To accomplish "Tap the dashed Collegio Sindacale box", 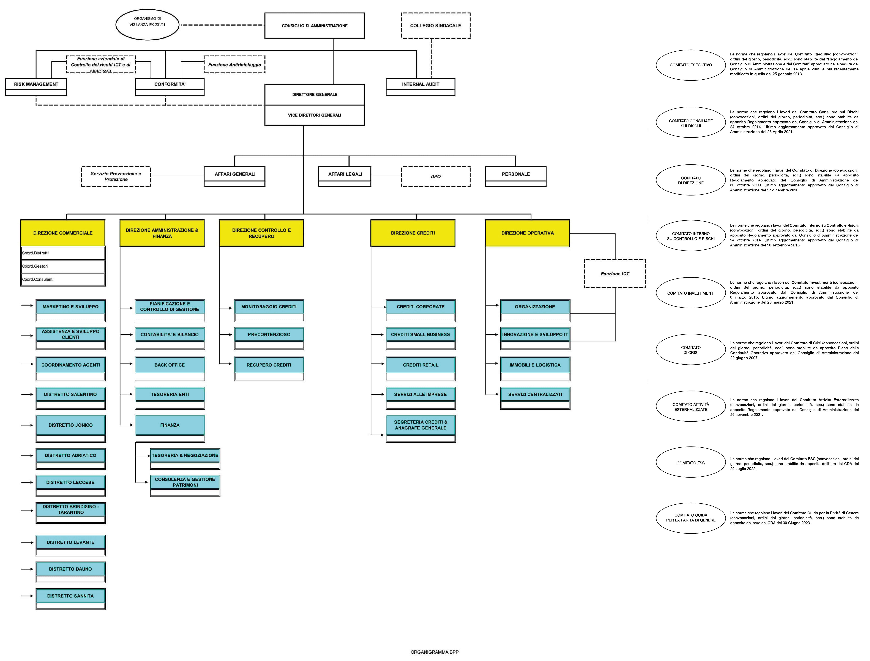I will tap(435, 26).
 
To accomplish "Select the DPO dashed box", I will tap(435, 176).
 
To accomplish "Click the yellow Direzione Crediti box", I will tap(413, 233).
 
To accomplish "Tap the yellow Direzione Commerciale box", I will tap(63, 233).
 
